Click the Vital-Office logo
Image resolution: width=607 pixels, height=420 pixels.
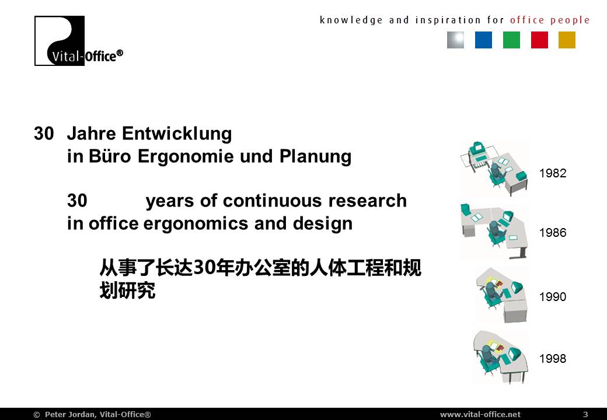[79, 41]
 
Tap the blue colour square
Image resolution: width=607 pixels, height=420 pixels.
[483, 40]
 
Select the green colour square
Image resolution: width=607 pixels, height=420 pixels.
[511, 40]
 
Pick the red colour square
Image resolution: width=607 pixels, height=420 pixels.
[539, 40]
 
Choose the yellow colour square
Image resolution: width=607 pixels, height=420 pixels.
[567, 40]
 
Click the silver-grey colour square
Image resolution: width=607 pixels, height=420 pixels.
[455, 40]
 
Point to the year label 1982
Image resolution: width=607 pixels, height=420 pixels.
[552, 173]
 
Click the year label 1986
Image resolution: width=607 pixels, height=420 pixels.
[552, 232]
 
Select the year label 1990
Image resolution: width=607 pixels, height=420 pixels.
[552, 297]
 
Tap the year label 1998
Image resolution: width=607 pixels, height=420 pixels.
[552, 359]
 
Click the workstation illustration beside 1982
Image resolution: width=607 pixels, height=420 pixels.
[494, 169]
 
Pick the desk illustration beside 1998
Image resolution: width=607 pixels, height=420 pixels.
[501, 356]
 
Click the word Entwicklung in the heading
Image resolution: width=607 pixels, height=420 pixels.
[177, 134]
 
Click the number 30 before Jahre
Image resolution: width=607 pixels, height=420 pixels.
[44, 134]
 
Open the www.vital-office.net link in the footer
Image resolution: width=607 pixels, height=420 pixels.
[480, 414]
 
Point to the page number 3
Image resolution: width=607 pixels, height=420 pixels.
[585, 414]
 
